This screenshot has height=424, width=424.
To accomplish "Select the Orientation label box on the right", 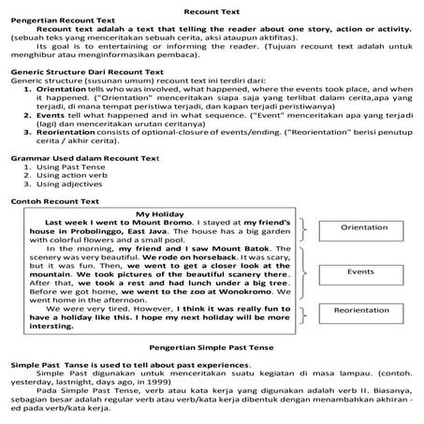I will [x=363, y=227].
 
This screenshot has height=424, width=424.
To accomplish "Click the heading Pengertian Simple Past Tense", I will [x=212, y=345].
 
